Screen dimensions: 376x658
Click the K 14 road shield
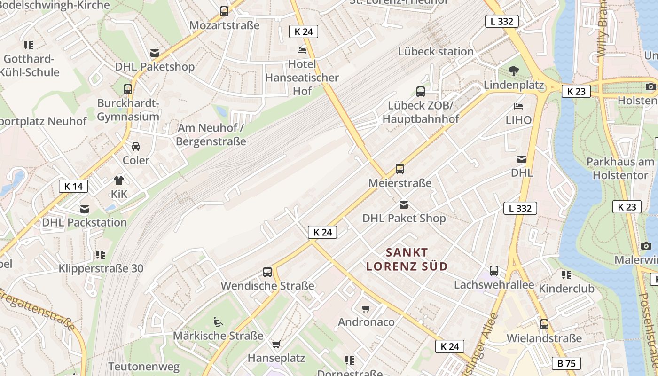[73, 186]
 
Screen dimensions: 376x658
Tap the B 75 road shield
[566, 363]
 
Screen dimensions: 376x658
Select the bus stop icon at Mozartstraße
[224, 11]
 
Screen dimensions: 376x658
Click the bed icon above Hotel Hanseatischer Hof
[301, 50]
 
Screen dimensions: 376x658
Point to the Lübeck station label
[436, 52]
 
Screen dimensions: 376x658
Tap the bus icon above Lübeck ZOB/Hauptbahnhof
[421, 92]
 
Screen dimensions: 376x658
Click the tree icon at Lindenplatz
[514, 71]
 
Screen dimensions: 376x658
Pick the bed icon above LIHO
[518, 106]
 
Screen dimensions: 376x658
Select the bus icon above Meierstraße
[400, 169]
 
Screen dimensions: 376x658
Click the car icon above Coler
[136, 147]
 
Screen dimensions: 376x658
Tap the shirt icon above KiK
[119, 180]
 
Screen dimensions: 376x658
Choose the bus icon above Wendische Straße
[267, 272]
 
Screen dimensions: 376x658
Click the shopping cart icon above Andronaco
[366, 308]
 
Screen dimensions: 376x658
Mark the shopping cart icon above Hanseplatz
[276, 345]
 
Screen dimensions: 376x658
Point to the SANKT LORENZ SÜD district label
[407, 259]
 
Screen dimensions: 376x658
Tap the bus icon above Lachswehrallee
[494, 271]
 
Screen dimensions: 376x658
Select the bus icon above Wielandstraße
[544, 324]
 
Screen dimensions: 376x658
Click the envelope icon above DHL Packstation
[85, 209]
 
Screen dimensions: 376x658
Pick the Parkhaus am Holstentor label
[620, 168]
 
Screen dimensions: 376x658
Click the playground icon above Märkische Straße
[218, 322]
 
